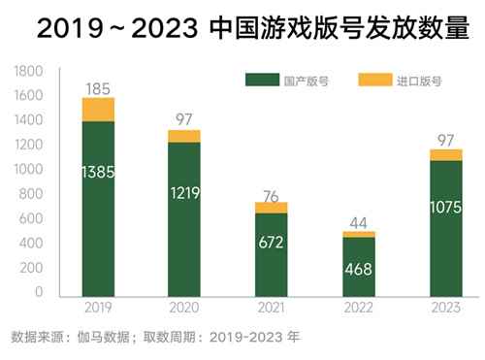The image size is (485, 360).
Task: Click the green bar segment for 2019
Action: tap(98, 209)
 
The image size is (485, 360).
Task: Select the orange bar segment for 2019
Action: tap(98, 109)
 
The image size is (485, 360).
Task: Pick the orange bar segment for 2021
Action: tap(271, 208)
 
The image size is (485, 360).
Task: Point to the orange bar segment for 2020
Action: tap(184, 136)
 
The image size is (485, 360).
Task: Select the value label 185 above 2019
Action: tap(98, 89)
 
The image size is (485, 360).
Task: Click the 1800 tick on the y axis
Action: tap(30, 72)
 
